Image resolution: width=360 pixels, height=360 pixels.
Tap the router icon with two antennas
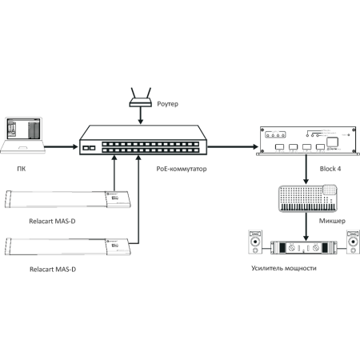[x=141, y=95]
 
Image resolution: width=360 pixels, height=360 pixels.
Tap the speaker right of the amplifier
[x=352, y=241]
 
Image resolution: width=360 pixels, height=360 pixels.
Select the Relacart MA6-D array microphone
[x=69, y=198]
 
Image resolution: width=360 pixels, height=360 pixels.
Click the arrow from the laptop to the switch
[x=61, y=146]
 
